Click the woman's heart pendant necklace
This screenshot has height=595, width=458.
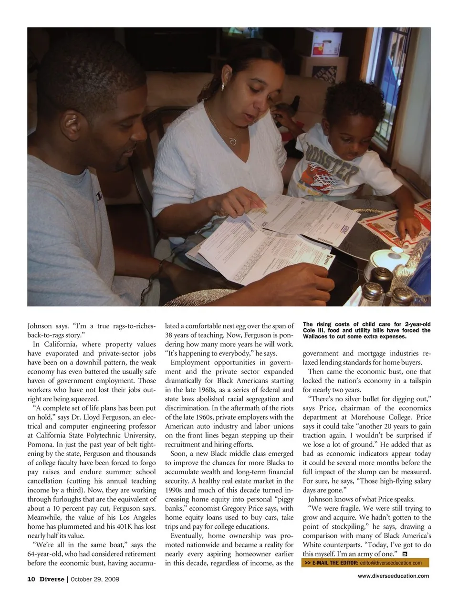[232, 141]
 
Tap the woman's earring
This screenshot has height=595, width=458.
[223, 87]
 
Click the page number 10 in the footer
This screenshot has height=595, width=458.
[31, 579]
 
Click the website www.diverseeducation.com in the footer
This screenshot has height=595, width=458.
[393, 576]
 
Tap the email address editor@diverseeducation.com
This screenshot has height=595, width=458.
[391, 563]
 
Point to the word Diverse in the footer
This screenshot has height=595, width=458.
[52, 579]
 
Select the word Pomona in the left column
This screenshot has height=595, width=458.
[41, 444]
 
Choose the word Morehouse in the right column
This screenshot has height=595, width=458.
[371, 417]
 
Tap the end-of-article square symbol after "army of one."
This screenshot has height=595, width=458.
[405, 554]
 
